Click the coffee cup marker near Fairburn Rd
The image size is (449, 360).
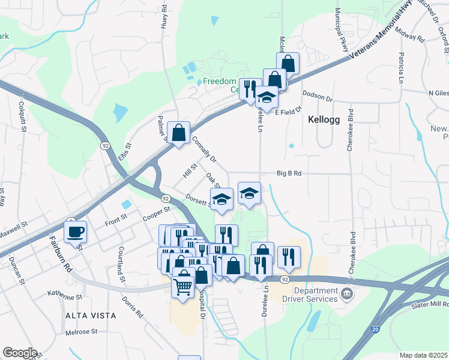(76, 232)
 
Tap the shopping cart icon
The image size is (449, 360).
(183, 283)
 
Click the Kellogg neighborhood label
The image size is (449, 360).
(324, 119)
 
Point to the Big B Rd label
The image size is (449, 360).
(289, 173)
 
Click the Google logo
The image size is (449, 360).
(20, 353)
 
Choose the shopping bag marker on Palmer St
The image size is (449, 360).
(179, 133)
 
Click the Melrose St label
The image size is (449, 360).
(81, 332)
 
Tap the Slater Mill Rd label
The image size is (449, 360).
(430, 305)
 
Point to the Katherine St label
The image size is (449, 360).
(65, 297)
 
